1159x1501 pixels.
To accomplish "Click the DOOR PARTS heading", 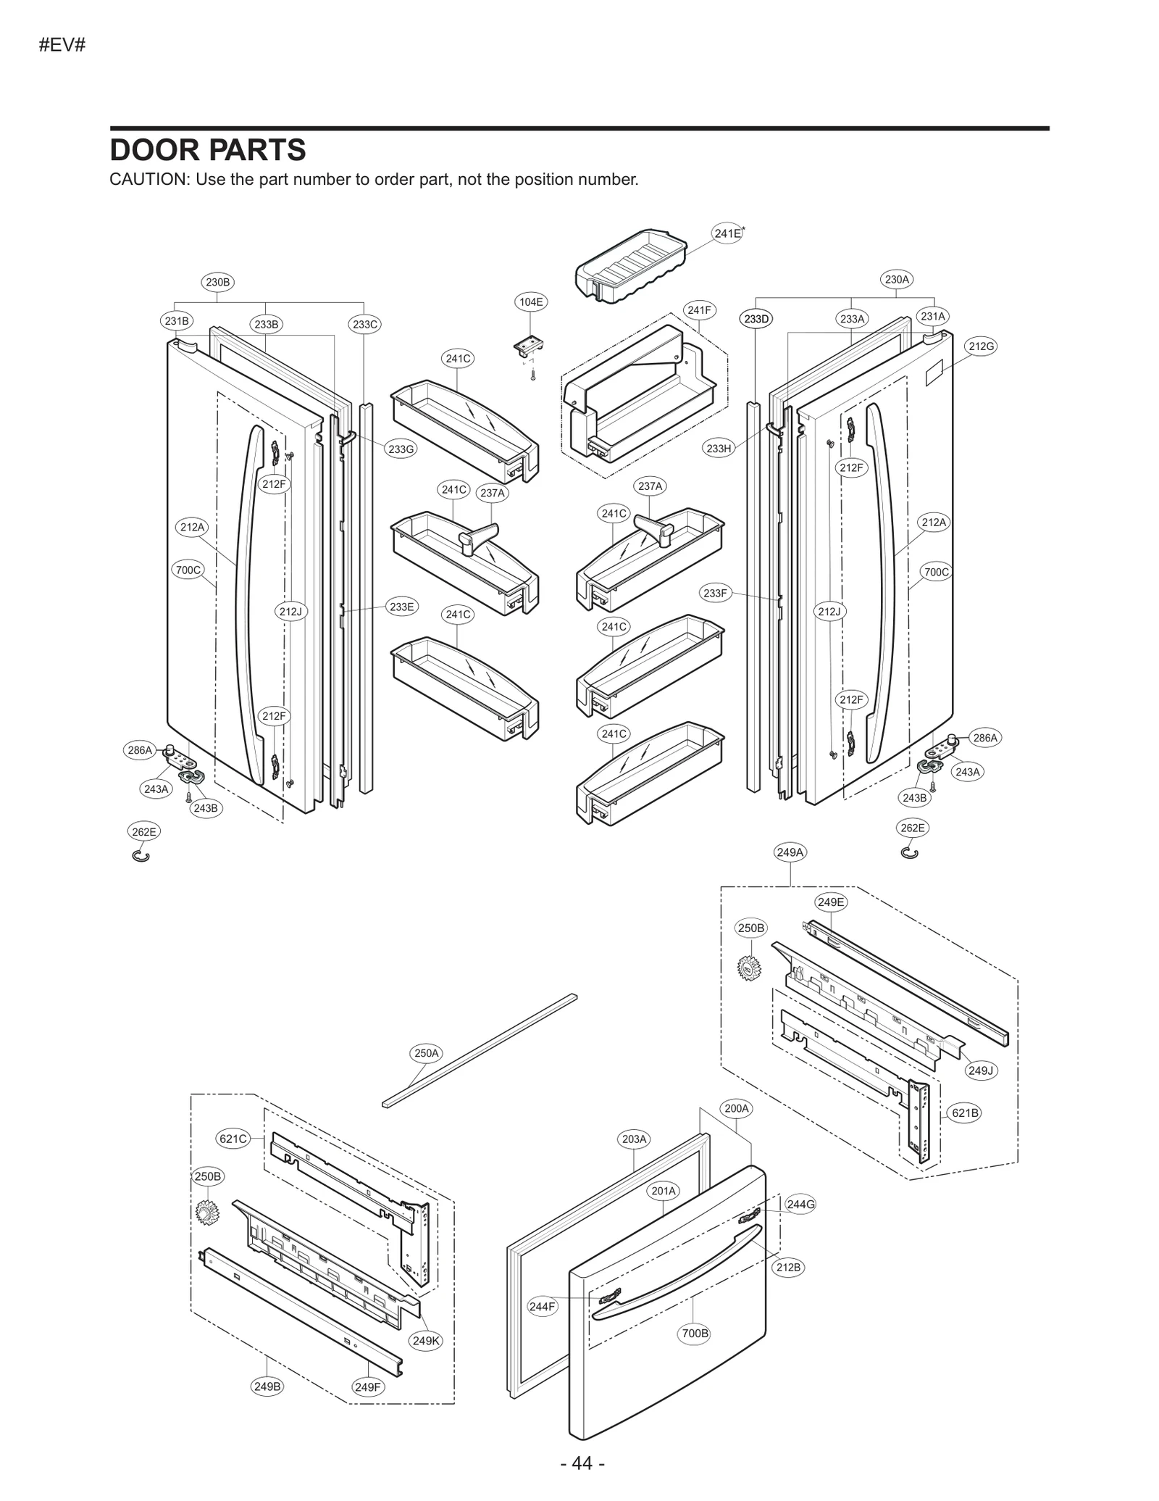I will click(x=208, y=150).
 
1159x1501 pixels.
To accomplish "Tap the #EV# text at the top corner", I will click(x=62, y=45).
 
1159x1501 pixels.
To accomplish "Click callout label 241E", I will click(x=727, y=233).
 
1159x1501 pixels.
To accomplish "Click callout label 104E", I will click(x=530, y=302).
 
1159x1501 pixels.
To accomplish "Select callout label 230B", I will click(x=217, y=282).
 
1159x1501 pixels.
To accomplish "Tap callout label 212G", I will click(x=981, y=346).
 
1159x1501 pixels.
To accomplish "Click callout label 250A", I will click(x=427, y=1053).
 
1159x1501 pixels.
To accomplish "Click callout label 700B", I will click(x=695, y=1333).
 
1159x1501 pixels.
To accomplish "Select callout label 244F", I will click(x=542, y=1307).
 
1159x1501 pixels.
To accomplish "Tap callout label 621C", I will click(x=233, y=1139).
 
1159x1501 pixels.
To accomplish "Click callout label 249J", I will click(x=981, y=1070).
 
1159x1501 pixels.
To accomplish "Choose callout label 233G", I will click(x=401, y=449).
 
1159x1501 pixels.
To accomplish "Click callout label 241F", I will click(x=699, y=310).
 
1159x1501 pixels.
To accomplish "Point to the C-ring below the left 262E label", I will click(x=141, y=857).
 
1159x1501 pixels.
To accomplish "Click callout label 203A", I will click(x=634, y=1139).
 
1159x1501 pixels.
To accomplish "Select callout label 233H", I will click(x=719, y=449).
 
